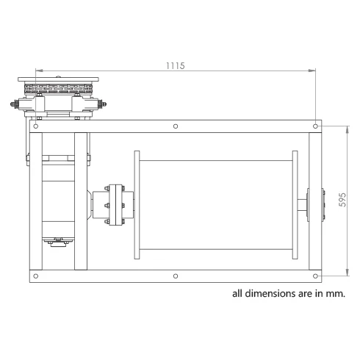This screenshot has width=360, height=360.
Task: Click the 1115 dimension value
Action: tap(176, 65)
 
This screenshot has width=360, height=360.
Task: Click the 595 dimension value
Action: tap(342, 200)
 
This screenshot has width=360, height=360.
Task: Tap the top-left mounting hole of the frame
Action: tap(36, 126)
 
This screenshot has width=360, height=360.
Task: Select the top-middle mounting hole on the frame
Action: tap(176, 126)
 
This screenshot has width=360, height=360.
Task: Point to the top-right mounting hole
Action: tap(315, 126)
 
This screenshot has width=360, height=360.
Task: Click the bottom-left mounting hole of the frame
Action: tap(36, 276)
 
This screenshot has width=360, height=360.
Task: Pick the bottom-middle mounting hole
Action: tap(176, 276)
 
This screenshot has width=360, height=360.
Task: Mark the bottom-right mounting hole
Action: tap(315, 276)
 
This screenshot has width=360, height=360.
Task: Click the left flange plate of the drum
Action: tap(137, 205)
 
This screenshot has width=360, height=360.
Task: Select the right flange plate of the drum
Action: tap(295, 205)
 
